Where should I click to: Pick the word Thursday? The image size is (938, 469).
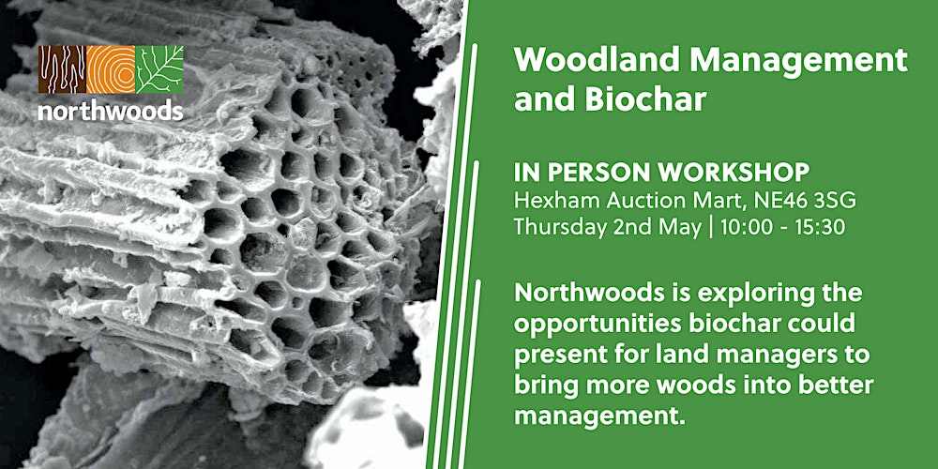[559, 227]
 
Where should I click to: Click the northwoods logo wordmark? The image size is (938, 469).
[111, 112]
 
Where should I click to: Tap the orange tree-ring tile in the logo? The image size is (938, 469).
[112, 69]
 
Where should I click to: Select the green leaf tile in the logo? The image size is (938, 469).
[160, 69]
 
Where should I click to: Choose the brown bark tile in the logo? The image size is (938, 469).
[62, 69]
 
